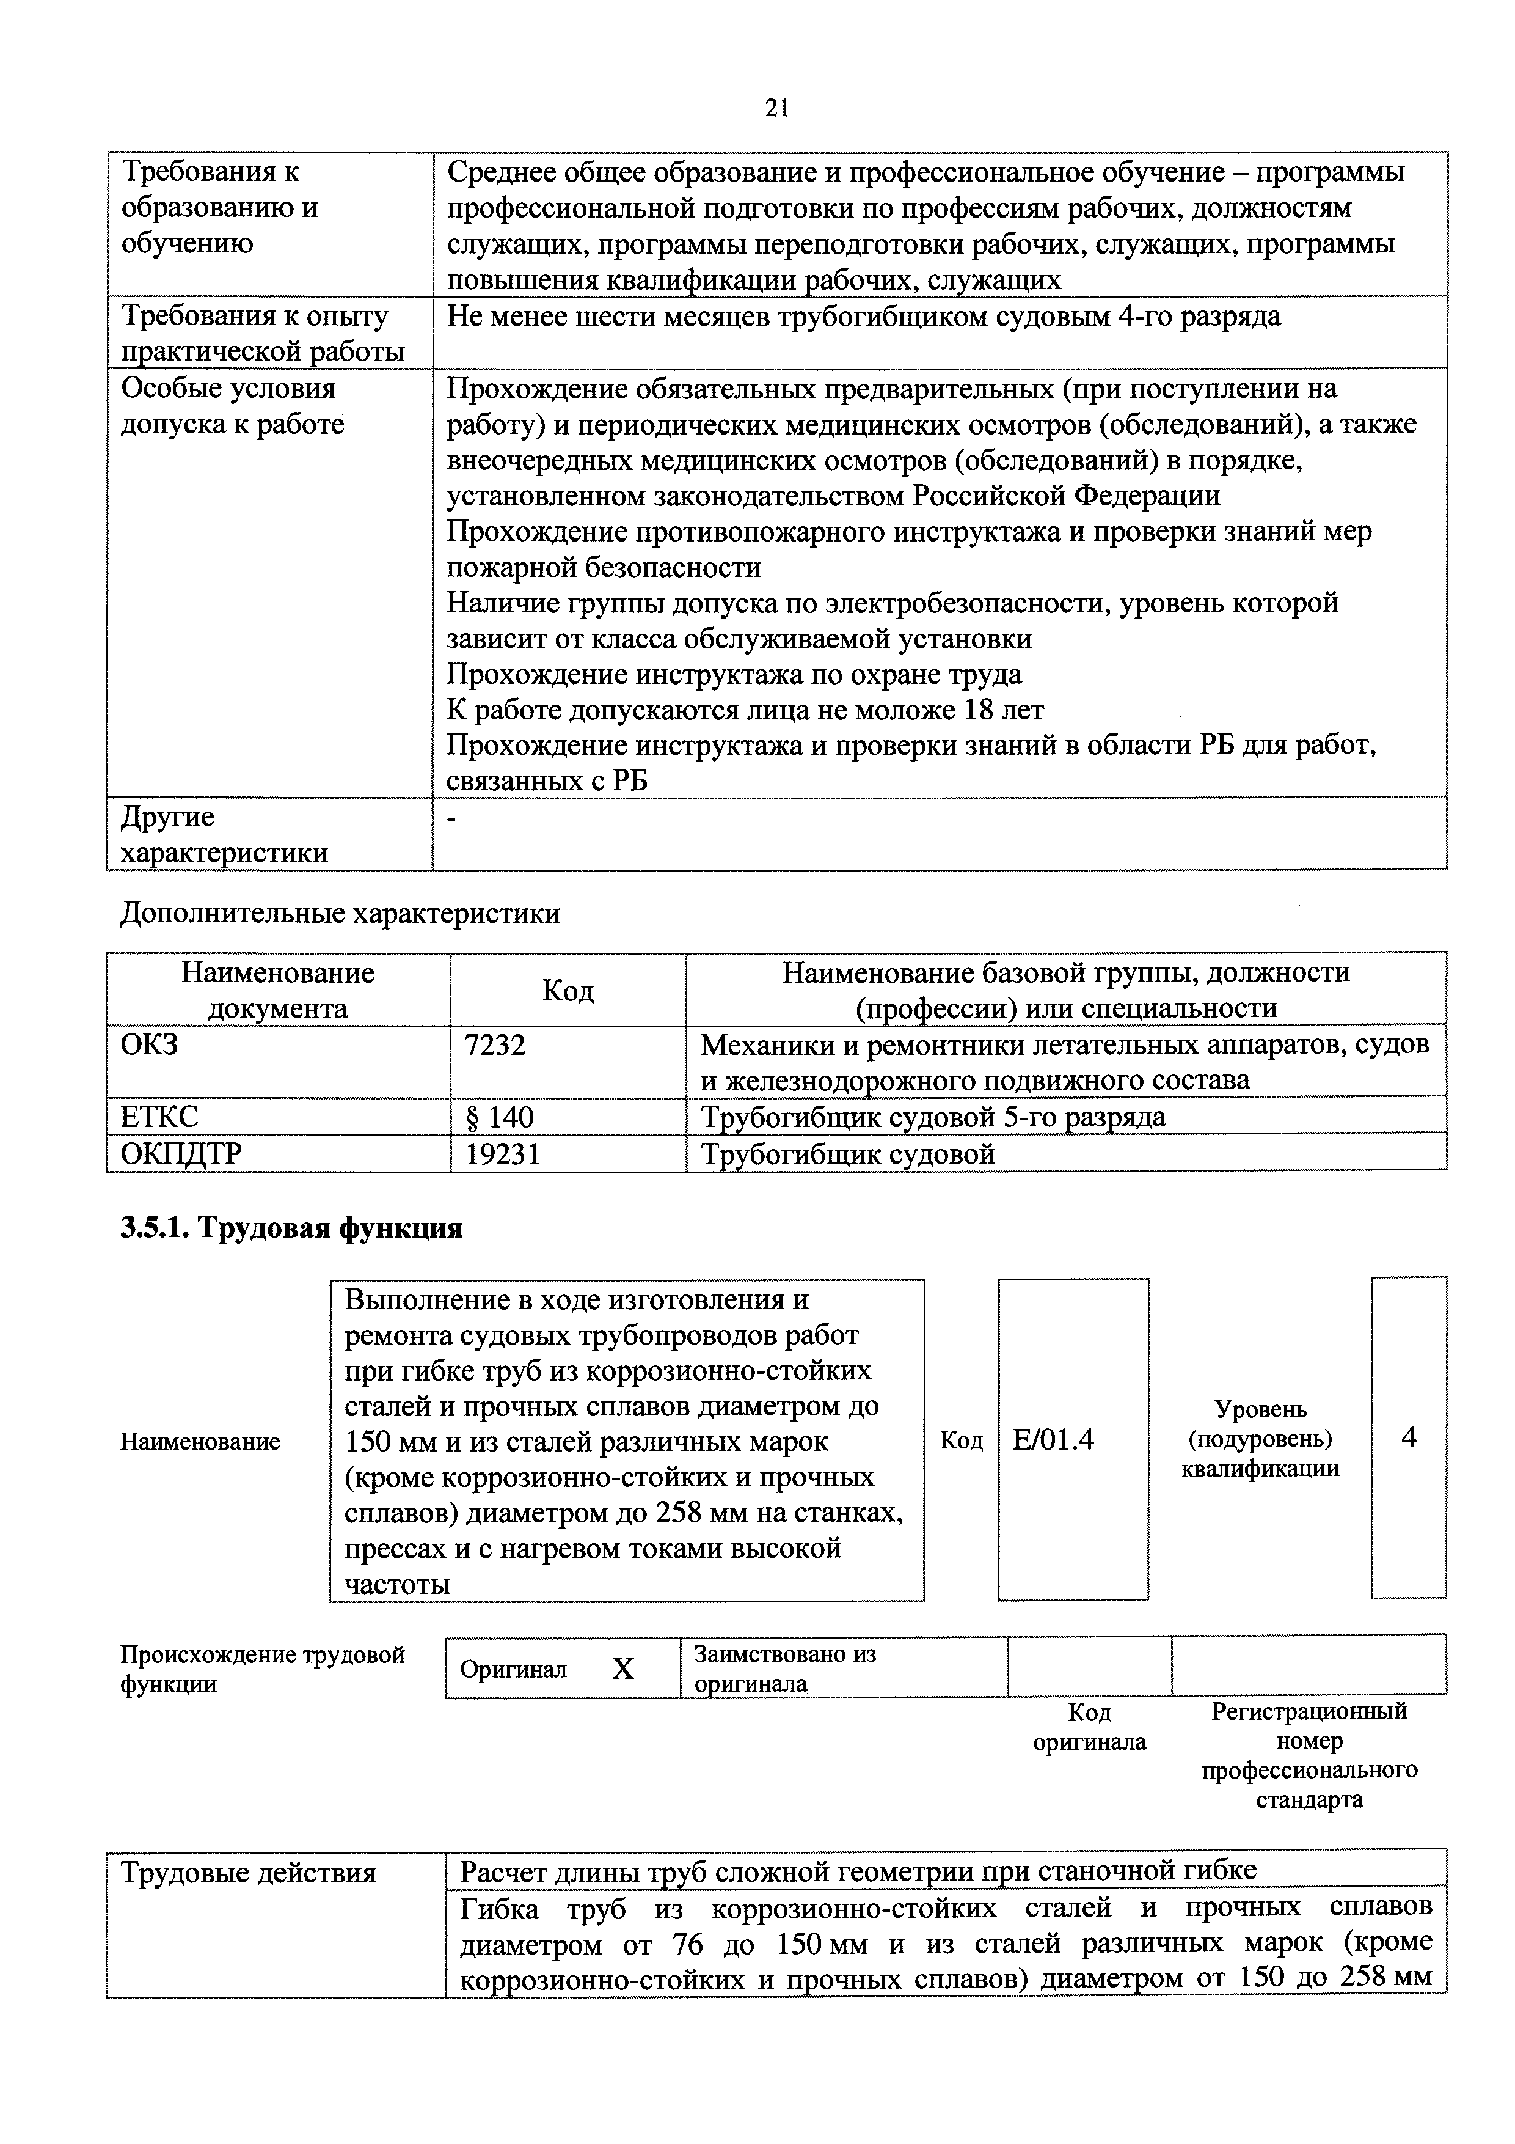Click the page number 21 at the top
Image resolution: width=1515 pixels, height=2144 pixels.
tap(776, 109)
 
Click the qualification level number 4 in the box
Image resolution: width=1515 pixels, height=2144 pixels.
tap(1409, 1437)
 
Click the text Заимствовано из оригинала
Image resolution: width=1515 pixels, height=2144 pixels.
tap(784, 1669)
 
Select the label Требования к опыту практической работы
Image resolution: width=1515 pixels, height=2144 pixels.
tap(263, 333)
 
